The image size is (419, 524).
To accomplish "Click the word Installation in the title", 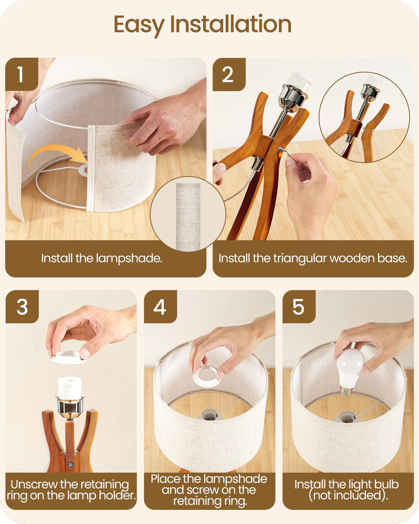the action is tap(231, 24).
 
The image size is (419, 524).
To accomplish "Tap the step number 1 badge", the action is tap(21, 74).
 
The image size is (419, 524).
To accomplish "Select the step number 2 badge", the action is tap(229, 74).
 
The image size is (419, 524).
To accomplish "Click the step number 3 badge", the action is tap(22, 307).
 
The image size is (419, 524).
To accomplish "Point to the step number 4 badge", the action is tap(160, 307).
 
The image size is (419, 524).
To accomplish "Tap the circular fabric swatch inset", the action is tap(188, 214).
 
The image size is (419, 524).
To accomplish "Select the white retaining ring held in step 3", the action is tap(69, 357).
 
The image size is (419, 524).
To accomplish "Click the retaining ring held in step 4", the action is tap(206, 376).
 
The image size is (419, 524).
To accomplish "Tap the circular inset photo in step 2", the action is tap(364, 117).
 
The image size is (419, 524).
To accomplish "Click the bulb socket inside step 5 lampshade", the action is tap(348, 417).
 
